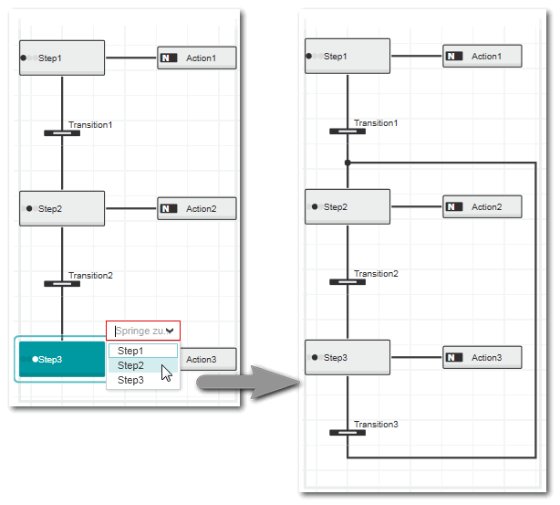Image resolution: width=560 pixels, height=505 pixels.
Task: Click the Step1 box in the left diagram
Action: coord(62,58)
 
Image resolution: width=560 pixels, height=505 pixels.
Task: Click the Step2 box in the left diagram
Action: coord(62,208)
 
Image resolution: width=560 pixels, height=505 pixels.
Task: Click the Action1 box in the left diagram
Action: coord(197,58)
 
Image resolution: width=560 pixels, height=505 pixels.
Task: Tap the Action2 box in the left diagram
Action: coord(197,208)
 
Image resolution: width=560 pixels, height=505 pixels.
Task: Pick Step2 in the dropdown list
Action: coord(131,365)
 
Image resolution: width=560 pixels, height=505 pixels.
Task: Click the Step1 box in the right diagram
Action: coord(347,57)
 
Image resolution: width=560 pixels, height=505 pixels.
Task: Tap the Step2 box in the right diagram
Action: coord(347,206)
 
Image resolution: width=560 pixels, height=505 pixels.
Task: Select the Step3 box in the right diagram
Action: coord(347,357)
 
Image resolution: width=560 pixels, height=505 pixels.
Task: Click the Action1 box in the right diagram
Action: coord(482,57)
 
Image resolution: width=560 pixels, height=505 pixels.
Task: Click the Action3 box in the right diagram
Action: coord(482,357)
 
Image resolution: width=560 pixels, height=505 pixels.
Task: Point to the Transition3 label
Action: coord(376,425)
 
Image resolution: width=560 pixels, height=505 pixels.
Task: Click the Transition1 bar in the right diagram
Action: coord(347,132)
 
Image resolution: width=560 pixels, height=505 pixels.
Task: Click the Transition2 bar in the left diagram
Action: coord(62,283)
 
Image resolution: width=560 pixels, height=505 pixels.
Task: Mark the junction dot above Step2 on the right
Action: coord(347,163)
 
